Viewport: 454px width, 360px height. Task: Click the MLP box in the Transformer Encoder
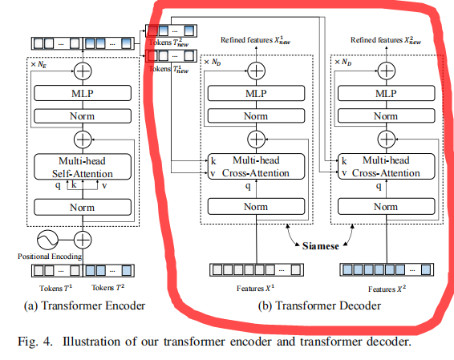click(83, 93)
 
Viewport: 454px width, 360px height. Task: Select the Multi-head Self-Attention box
click(83, 168)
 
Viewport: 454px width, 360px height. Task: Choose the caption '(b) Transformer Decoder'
click(318, 305)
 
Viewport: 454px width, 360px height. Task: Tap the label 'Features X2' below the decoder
click(387, 287)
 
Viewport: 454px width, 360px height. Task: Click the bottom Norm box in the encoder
click(83, 207)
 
